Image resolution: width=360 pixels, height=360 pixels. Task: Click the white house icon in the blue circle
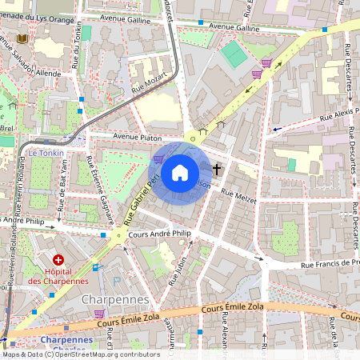[180, 171]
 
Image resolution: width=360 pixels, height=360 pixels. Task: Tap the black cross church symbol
[217, 169]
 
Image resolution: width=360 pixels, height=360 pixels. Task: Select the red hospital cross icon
[58, 260]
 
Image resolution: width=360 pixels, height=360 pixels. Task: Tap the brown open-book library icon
[22, 38]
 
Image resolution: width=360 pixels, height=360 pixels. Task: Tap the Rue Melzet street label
[238, 196]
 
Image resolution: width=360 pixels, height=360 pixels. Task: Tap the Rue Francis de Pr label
[328, 263]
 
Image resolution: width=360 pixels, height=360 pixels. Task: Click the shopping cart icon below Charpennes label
[99, 314]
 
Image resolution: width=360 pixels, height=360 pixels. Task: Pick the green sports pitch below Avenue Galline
[232, 54]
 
